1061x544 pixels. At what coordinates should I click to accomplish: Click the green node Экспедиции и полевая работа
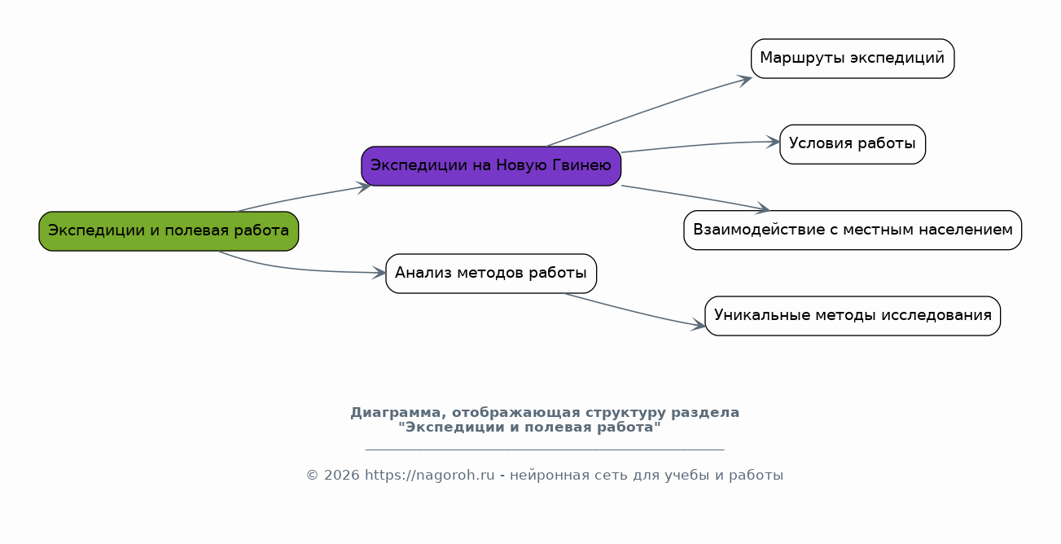click(169, 231)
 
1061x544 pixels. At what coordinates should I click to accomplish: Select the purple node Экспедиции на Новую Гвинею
click(491, 166)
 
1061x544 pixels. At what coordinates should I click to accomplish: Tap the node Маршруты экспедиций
click(853, 59)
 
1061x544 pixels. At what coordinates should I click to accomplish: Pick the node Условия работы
click(853, 144)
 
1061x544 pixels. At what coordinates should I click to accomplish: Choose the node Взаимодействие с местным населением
click(853, 230)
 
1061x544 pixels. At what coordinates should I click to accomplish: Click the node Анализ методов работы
click(491, 274)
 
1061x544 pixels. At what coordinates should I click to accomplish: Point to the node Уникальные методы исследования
click(853, 316)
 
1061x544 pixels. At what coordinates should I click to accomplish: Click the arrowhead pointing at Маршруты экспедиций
click(744, 80)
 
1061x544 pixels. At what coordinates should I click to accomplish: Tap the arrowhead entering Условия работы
click(773, 142)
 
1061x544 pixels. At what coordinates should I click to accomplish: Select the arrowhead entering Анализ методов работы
click(379, 273)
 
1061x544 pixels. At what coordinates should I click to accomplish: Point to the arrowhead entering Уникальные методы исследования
click(698, 325)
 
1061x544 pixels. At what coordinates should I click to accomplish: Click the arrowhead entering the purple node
click(364, 187)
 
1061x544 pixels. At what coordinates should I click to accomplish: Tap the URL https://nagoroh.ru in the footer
click(430, 475)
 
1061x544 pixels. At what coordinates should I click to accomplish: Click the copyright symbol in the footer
click(312, 476)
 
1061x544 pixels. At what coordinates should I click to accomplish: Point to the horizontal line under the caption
click(545, 448)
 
